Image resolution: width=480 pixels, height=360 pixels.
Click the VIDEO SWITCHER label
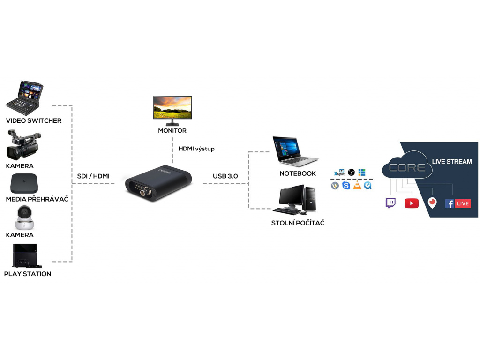(33, 120)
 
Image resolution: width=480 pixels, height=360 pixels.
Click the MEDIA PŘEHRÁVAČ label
(37, 199)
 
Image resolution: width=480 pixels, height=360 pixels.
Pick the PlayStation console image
(24, 255)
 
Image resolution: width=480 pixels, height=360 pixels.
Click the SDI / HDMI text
(93, 176)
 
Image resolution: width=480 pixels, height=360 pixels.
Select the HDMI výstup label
(196, 149)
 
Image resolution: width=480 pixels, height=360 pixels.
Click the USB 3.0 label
(225, 176)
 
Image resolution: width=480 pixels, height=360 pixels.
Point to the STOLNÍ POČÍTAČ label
(298, 223)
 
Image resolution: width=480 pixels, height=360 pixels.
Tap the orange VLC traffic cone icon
(357, 186)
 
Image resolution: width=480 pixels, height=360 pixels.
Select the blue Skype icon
(346, 186)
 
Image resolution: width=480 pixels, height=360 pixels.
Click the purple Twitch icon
(390, 203)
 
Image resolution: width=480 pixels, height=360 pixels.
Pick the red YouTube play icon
(412, 203)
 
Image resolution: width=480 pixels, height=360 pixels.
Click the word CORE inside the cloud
(407, 167)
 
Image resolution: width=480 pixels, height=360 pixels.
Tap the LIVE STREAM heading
(452, 162)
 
